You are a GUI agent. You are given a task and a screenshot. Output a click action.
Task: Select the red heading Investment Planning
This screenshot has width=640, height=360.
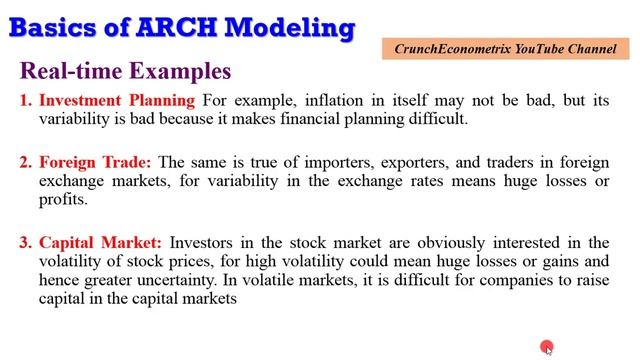pos(117,100)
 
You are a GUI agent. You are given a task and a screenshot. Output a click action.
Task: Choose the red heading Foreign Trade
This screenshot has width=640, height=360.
pos(95,162)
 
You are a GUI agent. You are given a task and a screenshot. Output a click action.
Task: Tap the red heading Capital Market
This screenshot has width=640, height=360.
pos(100,243)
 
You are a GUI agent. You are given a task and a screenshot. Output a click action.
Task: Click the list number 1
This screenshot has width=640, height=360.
pos(25,100)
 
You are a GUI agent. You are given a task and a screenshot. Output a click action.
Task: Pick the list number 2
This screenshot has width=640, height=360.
pos(25,162)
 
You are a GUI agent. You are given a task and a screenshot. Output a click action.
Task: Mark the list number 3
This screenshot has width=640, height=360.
pos(25,243)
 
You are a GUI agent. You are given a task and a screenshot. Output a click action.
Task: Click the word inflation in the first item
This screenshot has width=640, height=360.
pos(312,100)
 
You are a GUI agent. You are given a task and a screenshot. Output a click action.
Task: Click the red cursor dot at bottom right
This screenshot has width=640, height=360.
pos(547,347)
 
